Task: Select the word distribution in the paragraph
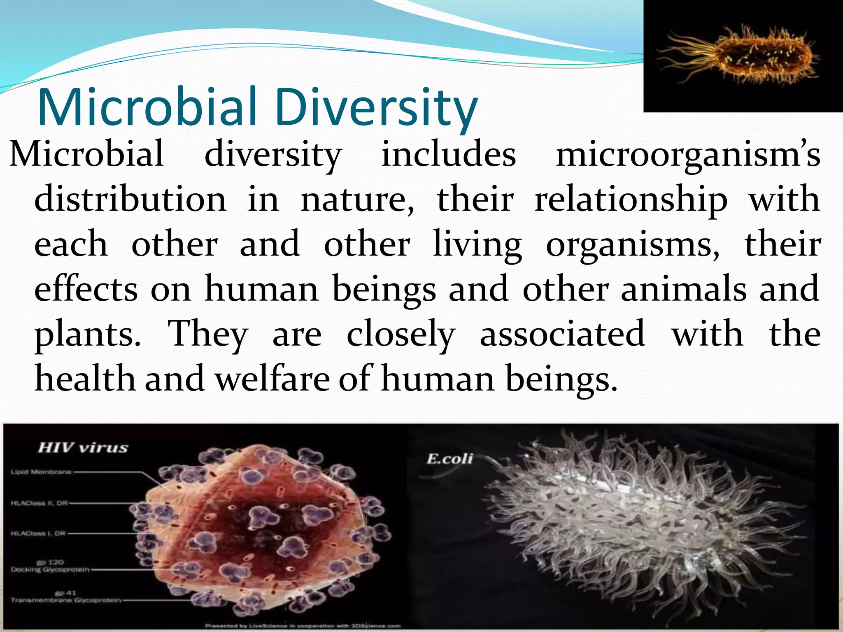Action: pos(130,199)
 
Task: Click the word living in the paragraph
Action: pos(477,245)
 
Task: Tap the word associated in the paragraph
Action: pos(562,333)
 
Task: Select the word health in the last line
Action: pos(85,379)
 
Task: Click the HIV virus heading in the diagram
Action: pos(83,447)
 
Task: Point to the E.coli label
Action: pos(449,458)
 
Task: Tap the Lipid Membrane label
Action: pos(41,472)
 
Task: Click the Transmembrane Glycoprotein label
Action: pos(66,600)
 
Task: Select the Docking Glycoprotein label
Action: pos(50,569)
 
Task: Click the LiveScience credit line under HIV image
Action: pos(303,626)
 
